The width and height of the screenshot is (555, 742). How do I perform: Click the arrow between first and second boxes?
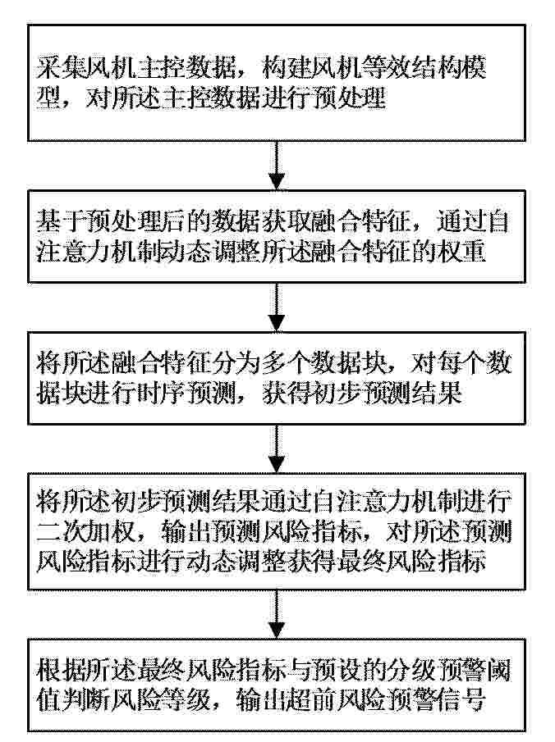(x=277, y=166)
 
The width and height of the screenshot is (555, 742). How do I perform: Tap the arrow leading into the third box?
(x=277, y=307)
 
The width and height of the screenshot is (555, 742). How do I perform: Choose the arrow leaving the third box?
(x=277, y=448)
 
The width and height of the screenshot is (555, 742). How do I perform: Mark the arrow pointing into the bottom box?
(x=277, y=614)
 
